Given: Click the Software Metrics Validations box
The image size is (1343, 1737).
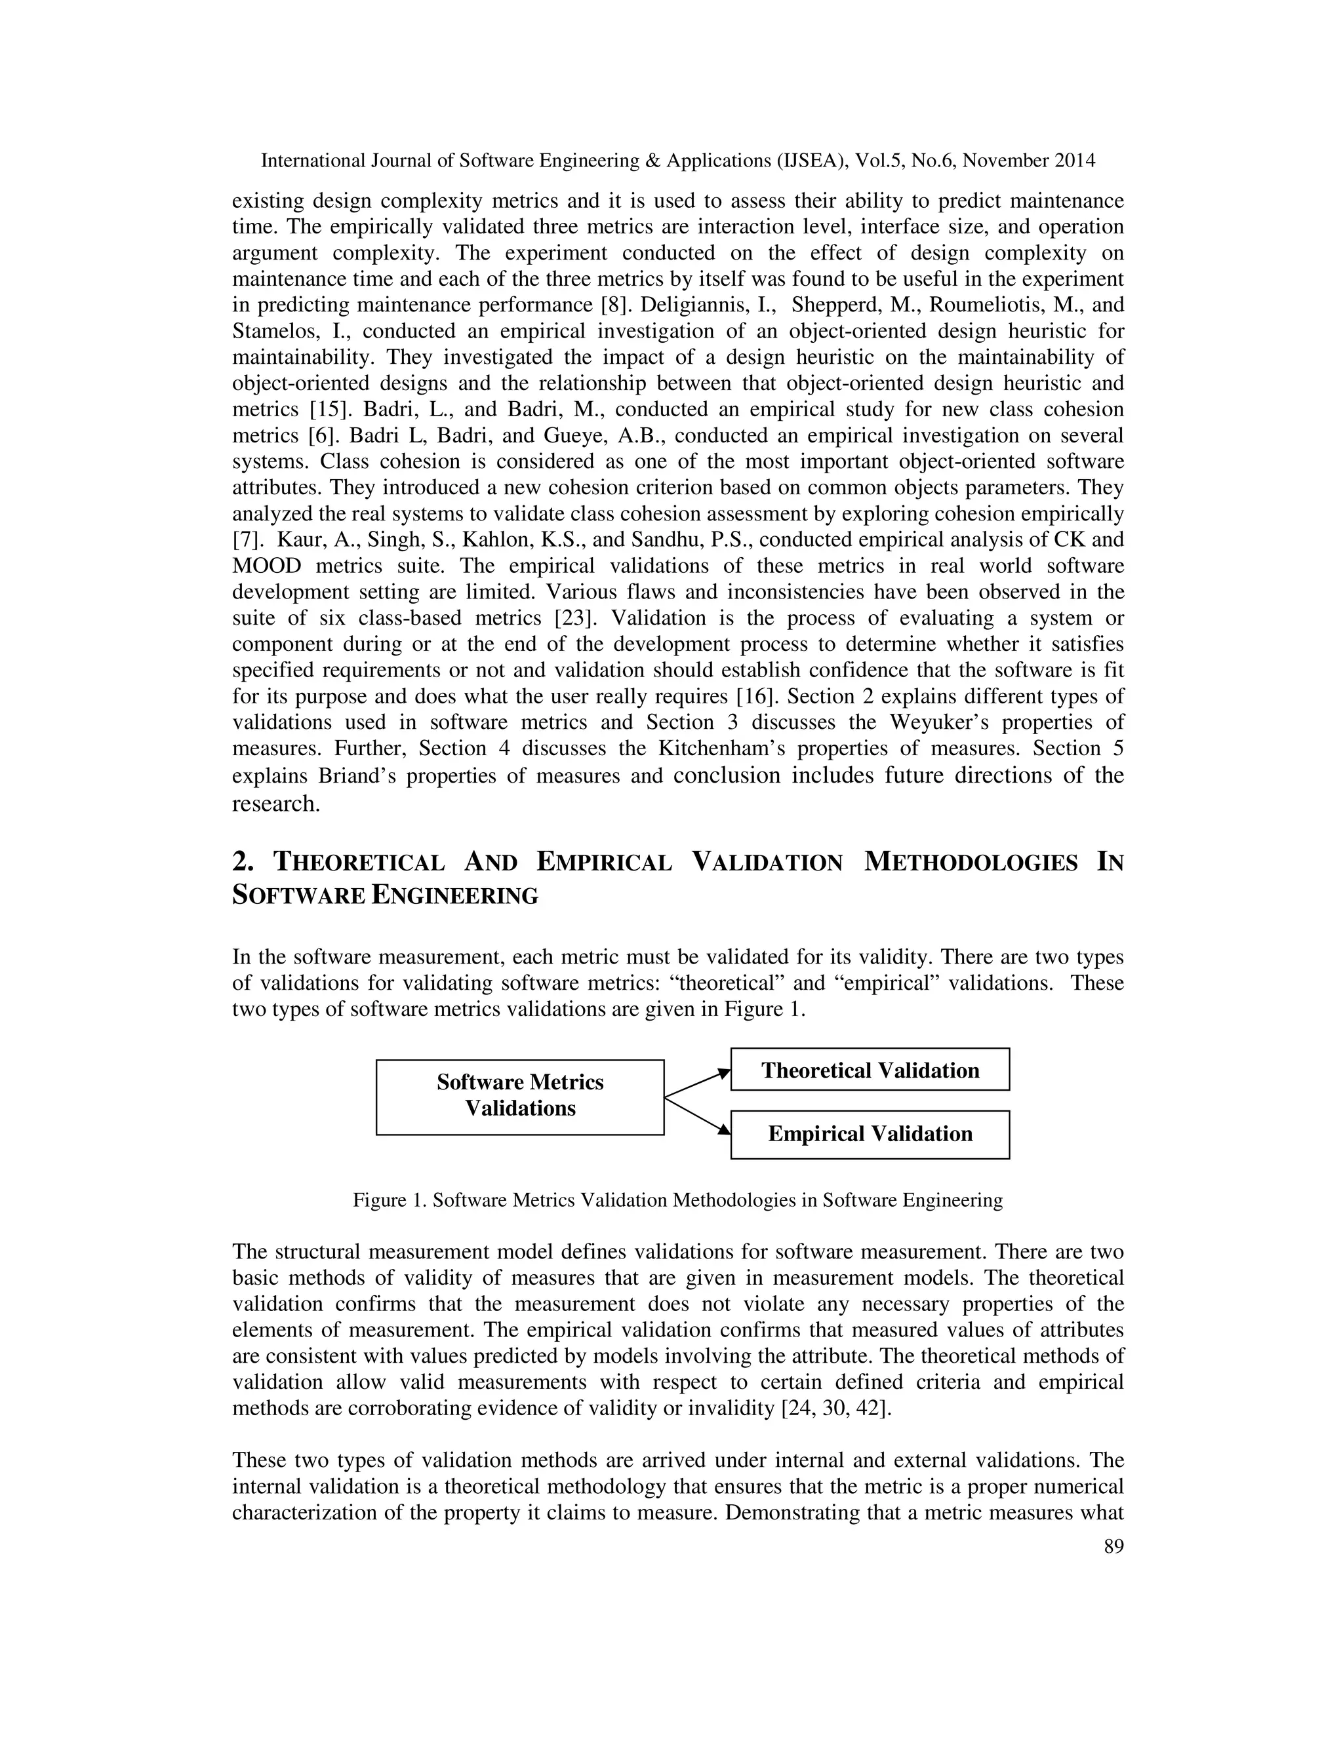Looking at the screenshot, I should [519, 1097].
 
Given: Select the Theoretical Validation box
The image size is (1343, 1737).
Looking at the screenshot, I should [870, 1070].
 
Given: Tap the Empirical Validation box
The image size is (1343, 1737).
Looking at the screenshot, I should [870, 1134].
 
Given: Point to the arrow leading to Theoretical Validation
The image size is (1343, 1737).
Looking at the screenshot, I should [697, 1084].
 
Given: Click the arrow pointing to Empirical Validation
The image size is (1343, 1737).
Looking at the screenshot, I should [697, 1116].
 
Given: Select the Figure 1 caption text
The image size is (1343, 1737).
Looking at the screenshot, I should [677, 1200].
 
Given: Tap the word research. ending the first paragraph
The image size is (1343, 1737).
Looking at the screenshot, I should [275, 804].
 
